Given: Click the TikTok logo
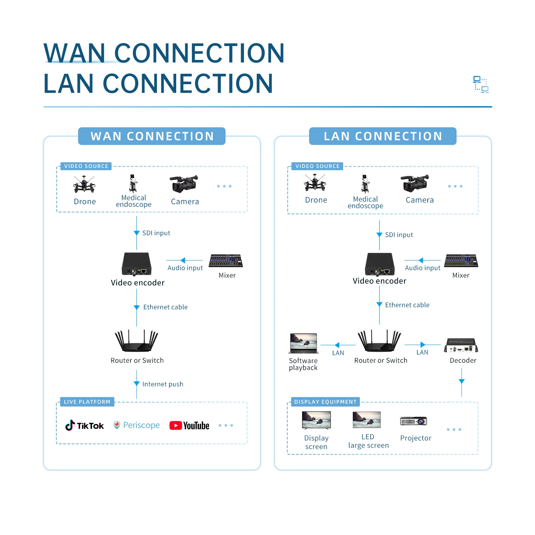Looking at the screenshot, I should (x=85, y=425).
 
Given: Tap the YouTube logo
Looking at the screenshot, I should (x=189, y=426).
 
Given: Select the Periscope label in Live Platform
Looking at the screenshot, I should (x=141, y=425).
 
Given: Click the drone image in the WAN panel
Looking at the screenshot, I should (x=84, y=184).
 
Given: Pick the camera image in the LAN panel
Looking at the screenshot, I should (x=414, y=183).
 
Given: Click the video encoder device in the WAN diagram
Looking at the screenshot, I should (x=137, y=264).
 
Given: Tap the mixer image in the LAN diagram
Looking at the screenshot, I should (x=461, y=261).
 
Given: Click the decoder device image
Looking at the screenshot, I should (x=461, y=345).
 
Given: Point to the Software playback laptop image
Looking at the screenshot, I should (x=304, y=343).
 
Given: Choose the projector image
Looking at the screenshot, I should (x=414, y=421).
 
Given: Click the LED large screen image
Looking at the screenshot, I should (x=366, y=420).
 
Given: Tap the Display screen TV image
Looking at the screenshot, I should (x=316, y=420).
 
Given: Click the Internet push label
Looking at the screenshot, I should (x=163, y=384).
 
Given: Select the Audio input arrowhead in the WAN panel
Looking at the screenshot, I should (x=183, y=260).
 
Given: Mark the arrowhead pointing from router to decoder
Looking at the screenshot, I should (x=423, y=345).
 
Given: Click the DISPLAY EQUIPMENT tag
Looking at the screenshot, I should (x=325, y=402).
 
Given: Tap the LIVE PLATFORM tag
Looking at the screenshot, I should (x=87, y=402).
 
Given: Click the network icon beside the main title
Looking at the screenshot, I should (x=481, y=85).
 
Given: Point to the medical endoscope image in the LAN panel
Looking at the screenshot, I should (x=365, y=184).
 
